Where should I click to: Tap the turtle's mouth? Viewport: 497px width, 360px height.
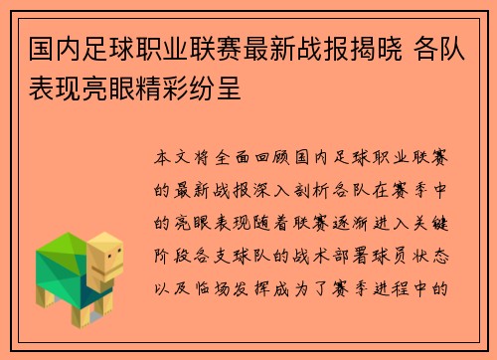111,271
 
